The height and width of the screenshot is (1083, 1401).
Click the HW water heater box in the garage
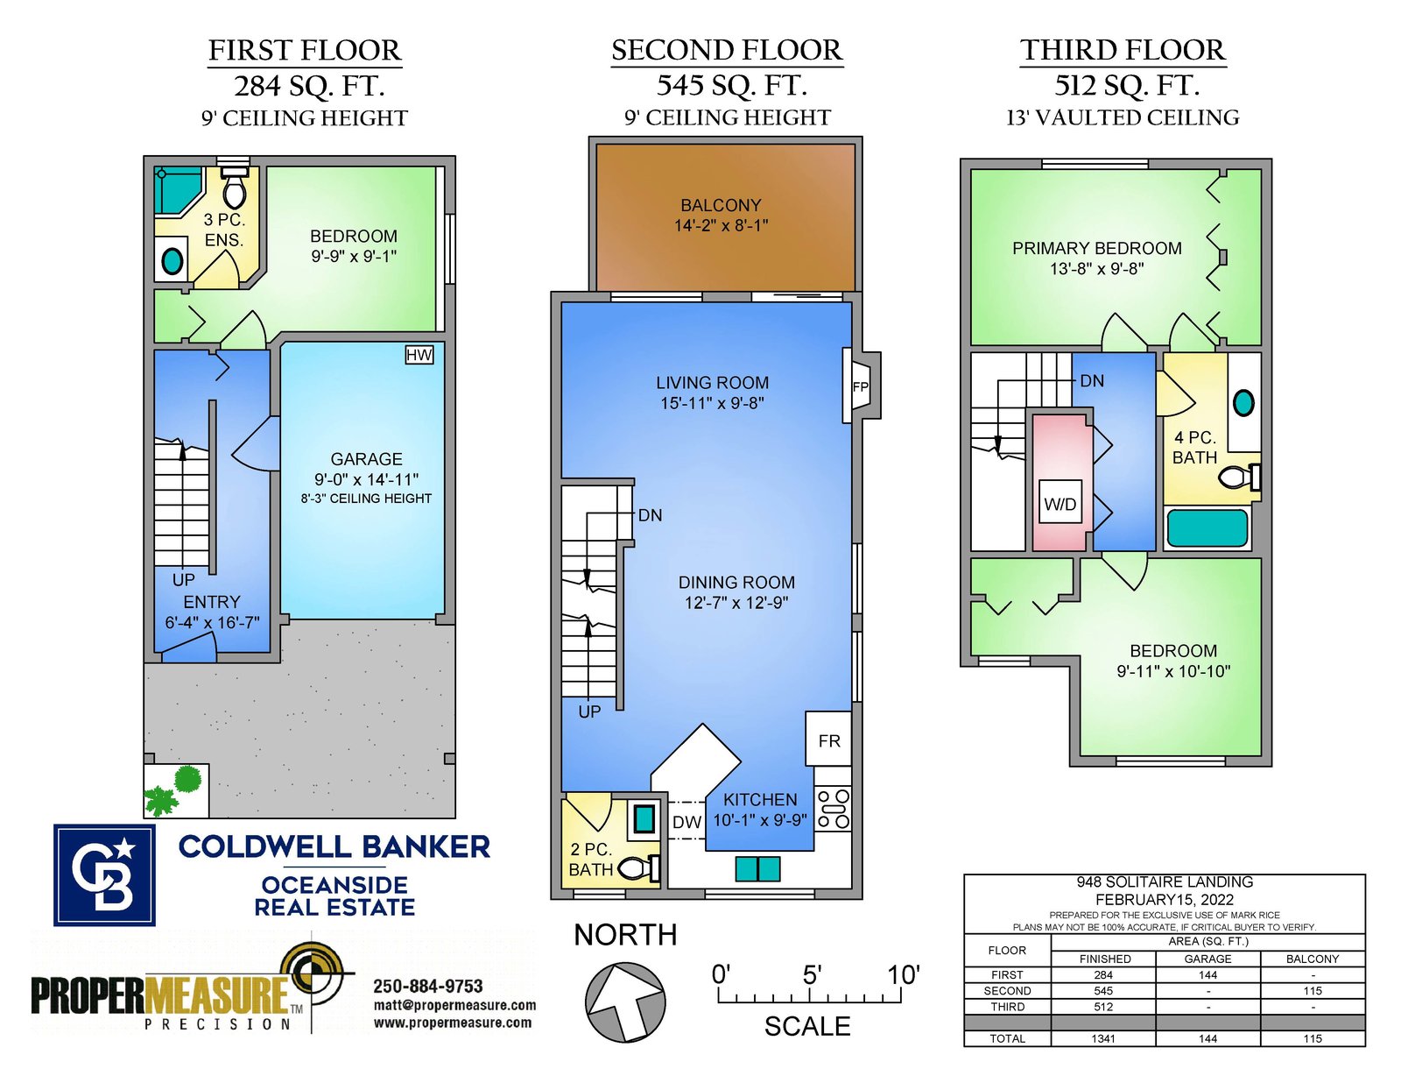(419, 355)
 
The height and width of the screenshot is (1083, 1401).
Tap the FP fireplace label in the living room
(860, 387)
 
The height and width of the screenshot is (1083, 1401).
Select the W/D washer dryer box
(1060, 504)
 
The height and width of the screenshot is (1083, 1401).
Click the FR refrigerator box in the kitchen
(828, 741)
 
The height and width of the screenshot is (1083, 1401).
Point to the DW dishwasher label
(686, 823)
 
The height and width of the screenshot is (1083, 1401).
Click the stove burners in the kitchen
(833, 809)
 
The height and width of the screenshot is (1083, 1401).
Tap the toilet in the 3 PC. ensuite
(234, 187)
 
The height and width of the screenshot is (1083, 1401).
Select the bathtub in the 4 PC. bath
(1207, 528)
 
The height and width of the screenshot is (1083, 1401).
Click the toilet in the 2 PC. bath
(639, 868)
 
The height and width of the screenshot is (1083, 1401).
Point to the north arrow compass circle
(624, 1002)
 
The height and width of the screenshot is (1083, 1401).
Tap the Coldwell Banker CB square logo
(104, 874)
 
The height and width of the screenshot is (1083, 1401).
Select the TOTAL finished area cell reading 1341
(1103, 1038)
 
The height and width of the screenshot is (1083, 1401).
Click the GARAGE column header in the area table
(1207, 959)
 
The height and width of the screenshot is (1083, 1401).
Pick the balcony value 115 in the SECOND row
(1312, 991)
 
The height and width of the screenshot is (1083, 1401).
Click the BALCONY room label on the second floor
(721, 205)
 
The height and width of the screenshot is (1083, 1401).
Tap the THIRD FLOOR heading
(1123, 50)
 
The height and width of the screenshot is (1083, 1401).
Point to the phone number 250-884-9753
(428, 987)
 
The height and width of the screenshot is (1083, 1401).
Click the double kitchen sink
(757, 869)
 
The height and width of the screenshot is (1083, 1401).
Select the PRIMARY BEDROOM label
(1096, 248)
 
